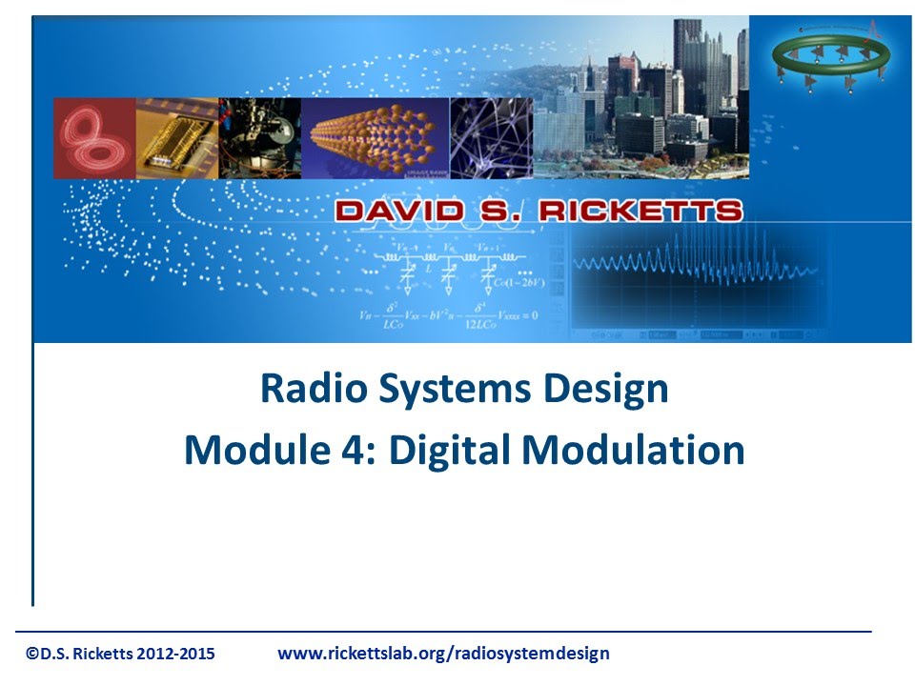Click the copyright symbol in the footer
coord(32,654)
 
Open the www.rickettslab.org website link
coord(442,654)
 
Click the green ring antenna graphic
coord(830,56)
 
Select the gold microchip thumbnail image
coord(176,138)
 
